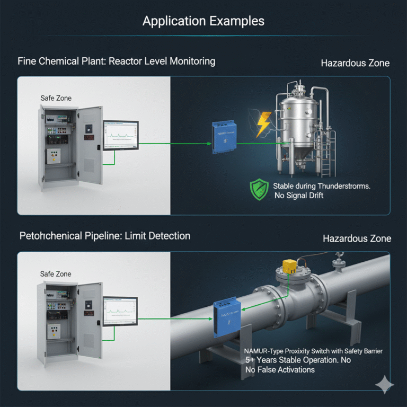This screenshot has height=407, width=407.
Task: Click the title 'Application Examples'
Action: pyautogui.click(x=203, y=22)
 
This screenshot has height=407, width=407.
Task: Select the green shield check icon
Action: pyautogui.click(x=259, y=190)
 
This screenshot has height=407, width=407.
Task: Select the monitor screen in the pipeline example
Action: pyautogui.click(x=120, y=311)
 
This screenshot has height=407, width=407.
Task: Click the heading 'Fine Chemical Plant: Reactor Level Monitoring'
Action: pyautogui.click(x=117, y=61)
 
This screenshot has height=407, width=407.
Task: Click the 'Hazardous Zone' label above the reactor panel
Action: pyautogui.click(x=355, y=64)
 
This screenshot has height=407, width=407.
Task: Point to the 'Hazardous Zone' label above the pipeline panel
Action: pyautogui.click(x=357, y=238)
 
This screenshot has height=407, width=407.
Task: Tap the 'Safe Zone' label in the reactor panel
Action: pyautogui.click(x=56, y=98)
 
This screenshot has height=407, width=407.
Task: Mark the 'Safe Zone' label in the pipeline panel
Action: pyautogui.click(x=56, y=273)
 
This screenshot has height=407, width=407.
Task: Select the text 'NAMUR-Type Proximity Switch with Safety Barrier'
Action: pyautogui.click(x=313, y=351)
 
